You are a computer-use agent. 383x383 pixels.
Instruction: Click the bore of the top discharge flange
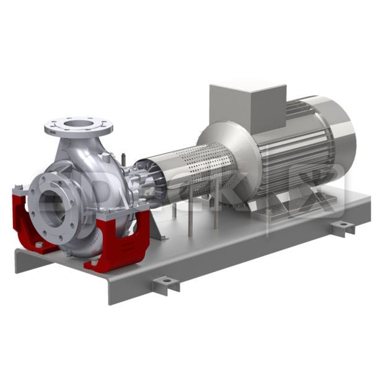[78, 123]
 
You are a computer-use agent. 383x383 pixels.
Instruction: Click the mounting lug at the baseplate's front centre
[167, 284]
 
